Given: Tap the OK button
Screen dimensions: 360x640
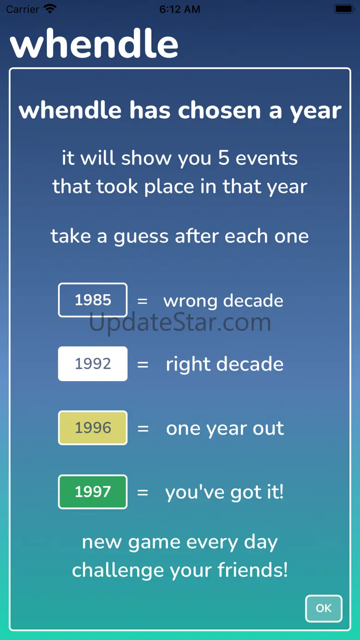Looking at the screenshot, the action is pyautogui.click(x=324, y=608).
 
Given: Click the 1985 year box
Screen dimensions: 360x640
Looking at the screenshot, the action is pyautogui.click(x=93, y=300).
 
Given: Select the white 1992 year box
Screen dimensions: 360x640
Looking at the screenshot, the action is pyautogui.click(x=93, y=364).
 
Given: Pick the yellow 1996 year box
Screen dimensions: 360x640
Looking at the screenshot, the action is pyautogui.click(x=93, y=428).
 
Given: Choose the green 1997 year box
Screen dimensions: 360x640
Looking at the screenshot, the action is pyautogui.click(x=93, y=492).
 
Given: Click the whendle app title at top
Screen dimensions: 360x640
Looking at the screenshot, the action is pyautogui.click(x=94, y=43).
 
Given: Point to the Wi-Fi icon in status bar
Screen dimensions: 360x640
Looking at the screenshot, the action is pyautogui.click(x=50, y=9).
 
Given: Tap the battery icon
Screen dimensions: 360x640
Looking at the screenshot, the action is pyautogui.click(x=344, y=9).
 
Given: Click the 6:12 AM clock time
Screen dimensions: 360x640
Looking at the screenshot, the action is pyautogui.click(x=180, y=9).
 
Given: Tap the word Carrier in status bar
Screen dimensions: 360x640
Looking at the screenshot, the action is pyautogui.click(x=23, y=9).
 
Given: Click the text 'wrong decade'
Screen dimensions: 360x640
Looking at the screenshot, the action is pyautogui.click(x=223, y=300).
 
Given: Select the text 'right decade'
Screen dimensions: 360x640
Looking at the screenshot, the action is pyautogui.click(x=225, y=364).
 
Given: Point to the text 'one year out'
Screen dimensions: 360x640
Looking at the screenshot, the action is pyautogui.click(x=225, y=429).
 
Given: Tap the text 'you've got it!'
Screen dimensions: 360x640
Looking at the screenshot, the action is pyautogui.click(x=225, y=492).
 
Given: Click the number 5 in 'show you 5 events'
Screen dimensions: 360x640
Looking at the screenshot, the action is pyautogui.click(x=224, y=157).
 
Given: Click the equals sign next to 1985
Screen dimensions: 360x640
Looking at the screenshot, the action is pyautogui.click(x=143, y=301).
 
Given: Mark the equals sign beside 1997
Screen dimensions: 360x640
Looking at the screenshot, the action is pyautogui.click(x=143, y=492).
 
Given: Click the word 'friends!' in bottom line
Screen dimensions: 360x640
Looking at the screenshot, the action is pyautogui.click(x=252, y=570).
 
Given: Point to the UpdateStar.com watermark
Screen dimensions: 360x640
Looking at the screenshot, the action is pyautogui.click(x=180, y=323).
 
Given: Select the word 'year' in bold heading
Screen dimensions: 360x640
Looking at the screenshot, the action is pyautogui.click(x=316, y=111).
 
